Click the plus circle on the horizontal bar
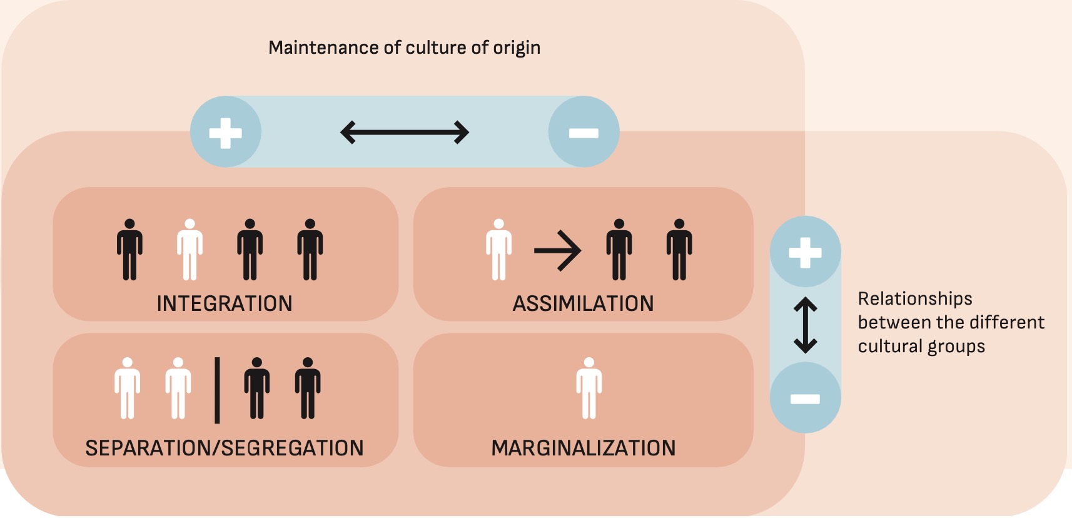[x=225, y=132]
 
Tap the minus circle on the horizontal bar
[x=584, y=132]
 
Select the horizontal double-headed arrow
[x=405, y=132]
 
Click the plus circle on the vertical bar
[x=805, y=252]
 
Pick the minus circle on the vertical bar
[x=805, y=399]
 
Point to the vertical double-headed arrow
[x=805, y=325]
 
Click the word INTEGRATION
[x=225, y=303]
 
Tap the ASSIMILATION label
[x=583, y=303]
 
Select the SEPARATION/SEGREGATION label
[x=225, y=448]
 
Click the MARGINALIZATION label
[x=583, y=448]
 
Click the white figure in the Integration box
[x=190, y=250]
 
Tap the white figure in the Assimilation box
[x=498, y=250]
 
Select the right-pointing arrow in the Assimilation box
[x=557, y=250]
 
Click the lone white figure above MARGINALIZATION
[x=589, y=388]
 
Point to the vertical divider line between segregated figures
[x=217, y=390]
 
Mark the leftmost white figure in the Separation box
[x=128, y=388]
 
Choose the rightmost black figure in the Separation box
[x=308, y=388]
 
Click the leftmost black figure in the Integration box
[x=129, y=250]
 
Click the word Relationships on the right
[x=915, y=299]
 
